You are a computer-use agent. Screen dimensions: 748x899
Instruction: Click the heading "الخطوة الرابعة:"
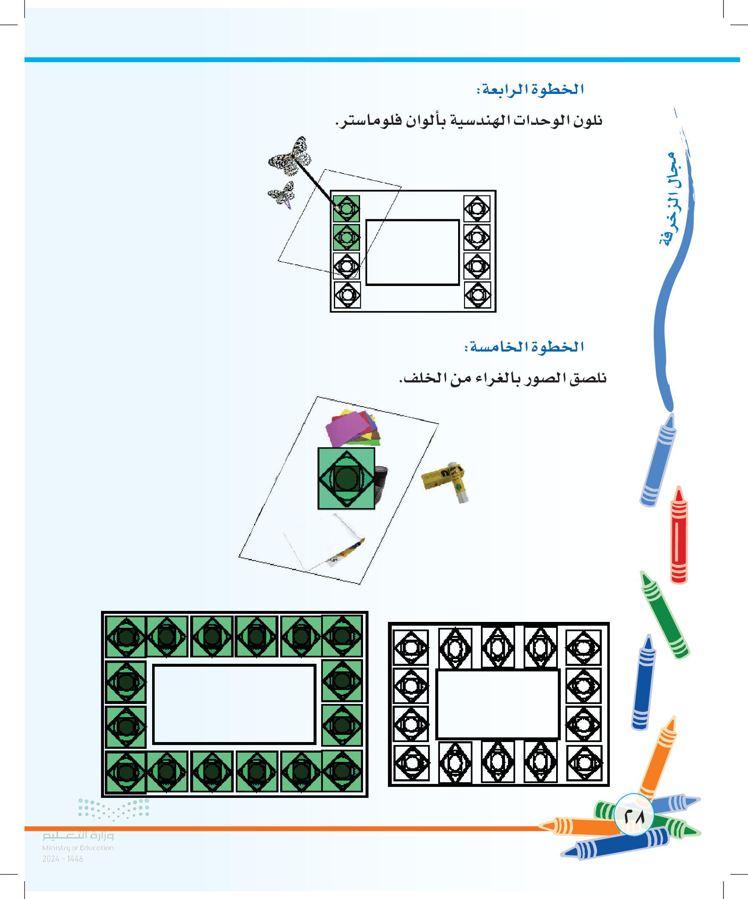click(530, 89)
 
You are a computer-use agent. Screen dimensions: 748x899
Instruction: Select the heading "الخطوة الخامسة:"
click(524, 346)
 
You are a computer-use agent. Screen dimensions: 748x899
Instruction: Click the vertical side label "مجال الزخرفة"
click(669, 199)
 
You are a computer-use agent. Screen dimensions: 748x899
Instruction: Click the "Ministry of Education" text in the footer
click(78, 848)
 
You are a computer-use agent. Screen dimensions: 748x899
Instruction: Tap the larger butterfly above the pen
click(290, 156)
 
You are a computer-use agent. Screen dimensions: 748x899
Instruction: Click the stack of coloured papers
click(353, 428)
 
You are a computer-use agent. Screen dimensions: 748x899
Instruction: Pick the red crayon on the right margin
click(679, 535)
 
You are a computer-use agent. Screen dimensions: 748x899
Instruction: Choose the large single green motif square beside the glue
click(347, 478)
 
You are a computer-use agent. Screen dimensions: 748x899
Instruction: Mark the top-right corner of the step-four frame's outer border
click(495, 191)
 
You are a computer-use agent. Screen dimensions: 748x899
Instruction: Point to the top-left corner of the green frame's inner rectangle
click(153, 665)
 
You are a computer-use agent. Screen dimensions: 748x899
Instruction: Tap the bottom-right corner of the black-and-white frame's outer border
click(609, 786)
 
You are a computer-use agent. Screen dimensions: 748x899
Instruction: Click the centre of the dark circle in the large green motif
click(347, 478)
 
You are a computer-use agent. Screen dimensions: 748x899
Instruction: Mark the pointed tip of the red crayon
click(679, 487)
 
